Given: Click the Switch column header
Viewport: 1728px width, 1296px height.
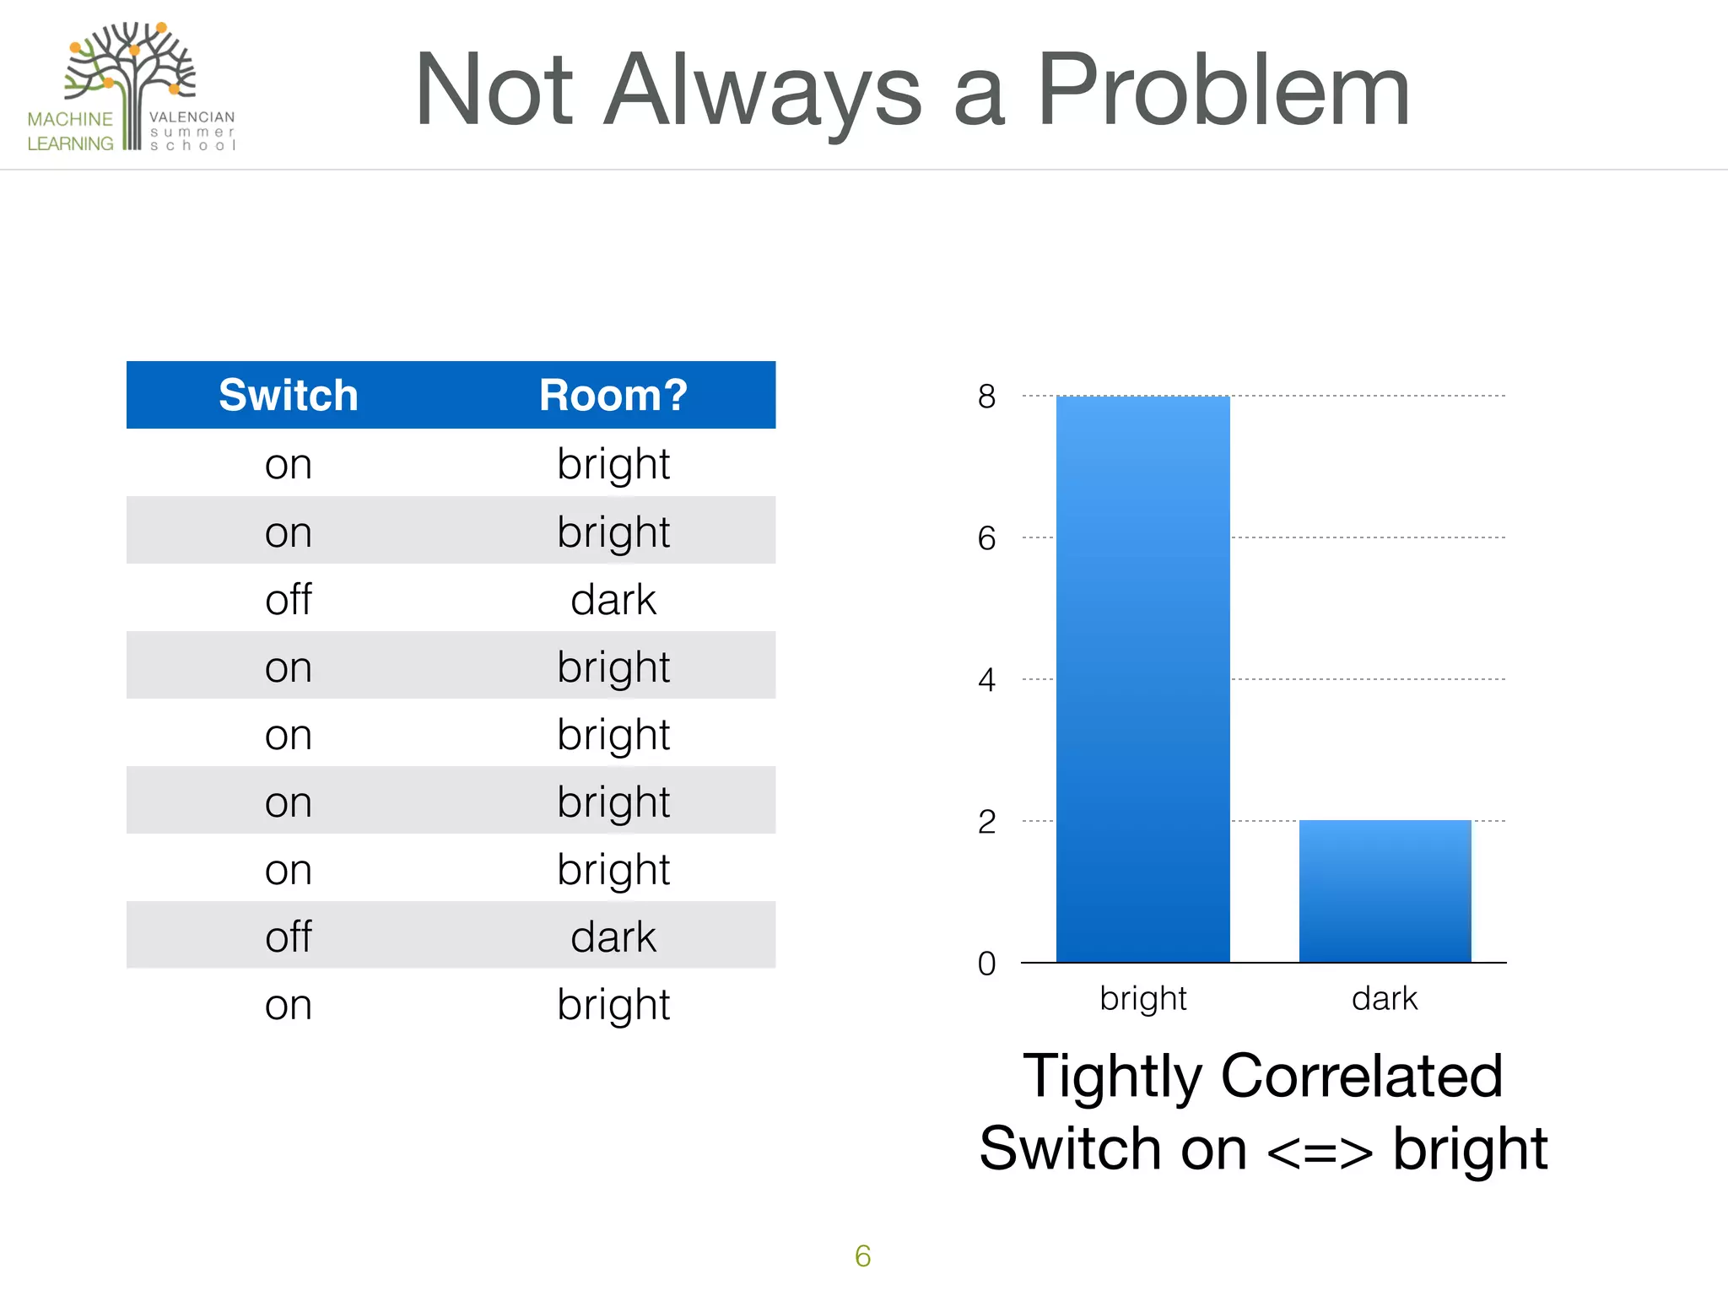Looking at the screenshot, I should (288, 395).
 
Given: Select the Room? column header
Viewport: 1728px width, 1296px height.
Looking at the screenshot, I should (613, 395).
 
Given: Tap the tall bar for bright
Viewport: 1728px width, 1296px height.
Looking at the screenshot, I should (1142, 679).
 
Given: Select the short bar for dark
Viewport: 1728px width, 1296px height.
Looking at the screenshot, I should (1385, 891).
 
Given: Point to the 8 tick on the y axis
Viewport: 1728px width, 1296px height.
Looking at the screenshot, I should (986, 397).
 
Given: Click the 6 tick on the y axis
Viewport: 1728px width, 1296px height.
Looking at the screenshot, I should (986, 538).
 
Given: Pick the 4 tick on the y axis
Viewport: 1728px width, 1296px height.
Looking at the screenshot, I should (986, 680).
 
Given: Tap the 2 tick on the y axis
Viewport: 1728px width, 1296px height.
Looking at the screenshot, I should (986, 822).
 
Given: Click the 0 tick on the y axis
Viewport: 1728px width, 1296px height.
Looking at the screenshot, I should (986, 964).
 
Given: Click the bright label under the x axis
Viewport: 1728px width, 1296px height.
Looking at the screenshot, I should (1142, 999).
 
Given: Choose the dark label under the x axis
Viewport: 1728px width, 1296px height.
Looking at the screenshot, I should (1384, 999).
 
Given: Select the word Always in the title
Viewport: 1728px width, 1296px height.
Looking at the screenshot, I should (764, 91).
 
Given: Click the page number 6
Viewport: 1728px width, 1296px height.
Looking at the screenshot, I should (862, 1256).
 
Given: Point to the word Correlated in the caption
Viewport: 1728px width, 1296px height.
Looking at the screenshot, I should (1361, 1076).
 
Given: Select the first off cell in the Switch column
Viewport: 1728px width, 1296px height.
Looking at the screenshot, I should (288, 599).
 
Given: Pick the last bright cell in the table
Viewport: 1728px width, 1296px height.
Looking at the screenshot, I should (613, 1005).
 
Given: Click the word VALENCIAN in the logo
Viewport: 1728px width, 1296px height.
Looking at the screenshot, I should (192, 117).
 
